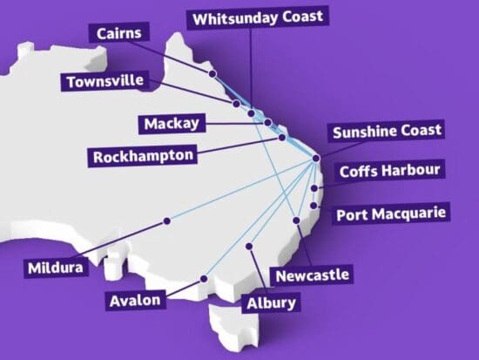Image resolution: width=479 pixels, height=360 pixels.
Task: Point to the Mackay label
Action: coord(170,123)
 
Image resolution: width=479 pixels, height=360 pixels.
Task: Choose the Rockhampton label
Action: coord(143,157)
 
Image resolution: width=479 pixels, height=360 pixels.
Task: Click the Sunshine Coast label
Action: coord(386,132)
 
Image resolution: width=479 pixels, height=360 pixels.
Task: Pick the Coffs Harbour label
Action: coord(389,170)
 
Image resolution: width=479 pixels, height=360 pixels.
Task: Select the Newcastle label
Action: coord(312,275)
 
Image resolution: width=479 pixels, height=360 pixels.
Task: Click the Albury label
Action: coord(271,303)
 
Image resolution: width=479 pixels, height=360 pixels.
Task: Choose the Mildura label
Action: coord(56,268)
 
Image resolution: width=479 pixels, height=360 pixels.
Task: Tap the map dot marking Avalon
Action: coord(204,279)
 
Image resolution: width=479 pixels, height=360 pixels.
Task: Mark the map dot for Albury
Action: coord(251,246)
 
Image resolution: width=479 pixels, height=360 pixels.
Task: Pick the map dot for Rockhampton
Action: coord(282,137)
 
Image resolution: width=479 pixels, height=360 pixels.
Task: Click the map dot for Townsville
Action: coord(236,104)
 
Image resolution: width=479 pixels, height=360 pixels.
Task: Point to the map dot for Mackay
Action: coord(268,123)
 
